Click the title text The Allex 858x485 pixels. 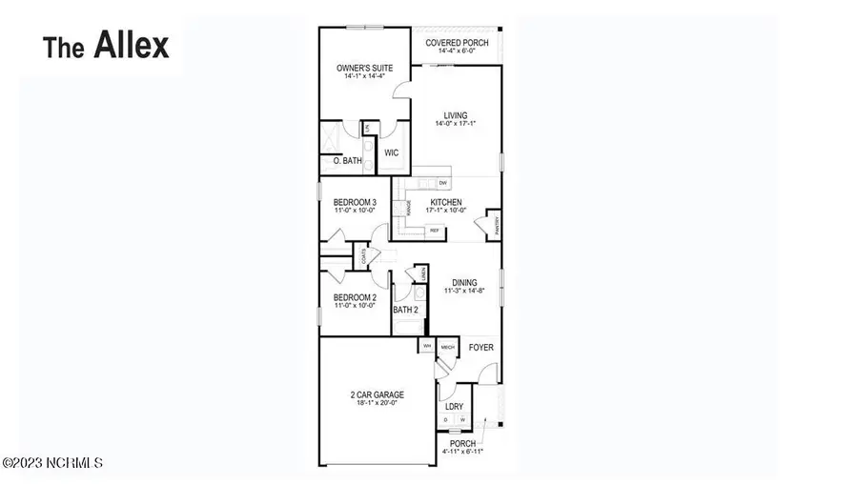[107, 45]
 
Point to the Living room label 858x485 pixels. [455, 116]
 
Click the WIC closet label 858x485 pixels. [391, 152]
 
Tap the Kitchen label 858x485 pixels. [445, 202]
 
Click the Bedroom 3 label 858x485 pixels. [354, 202]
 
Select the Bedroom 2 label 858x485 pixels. [354, 297]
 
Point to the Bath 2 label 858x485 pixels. [406, 310]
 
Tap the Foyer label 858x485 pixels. [480, 348]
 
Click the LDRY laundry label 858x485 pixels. [454, 407]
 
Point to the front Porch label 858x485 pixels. [461, 443]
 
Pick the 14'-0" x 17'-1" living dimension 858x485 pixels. [455, 124]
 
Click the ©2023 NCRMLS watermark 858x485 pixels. [53, 463]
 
